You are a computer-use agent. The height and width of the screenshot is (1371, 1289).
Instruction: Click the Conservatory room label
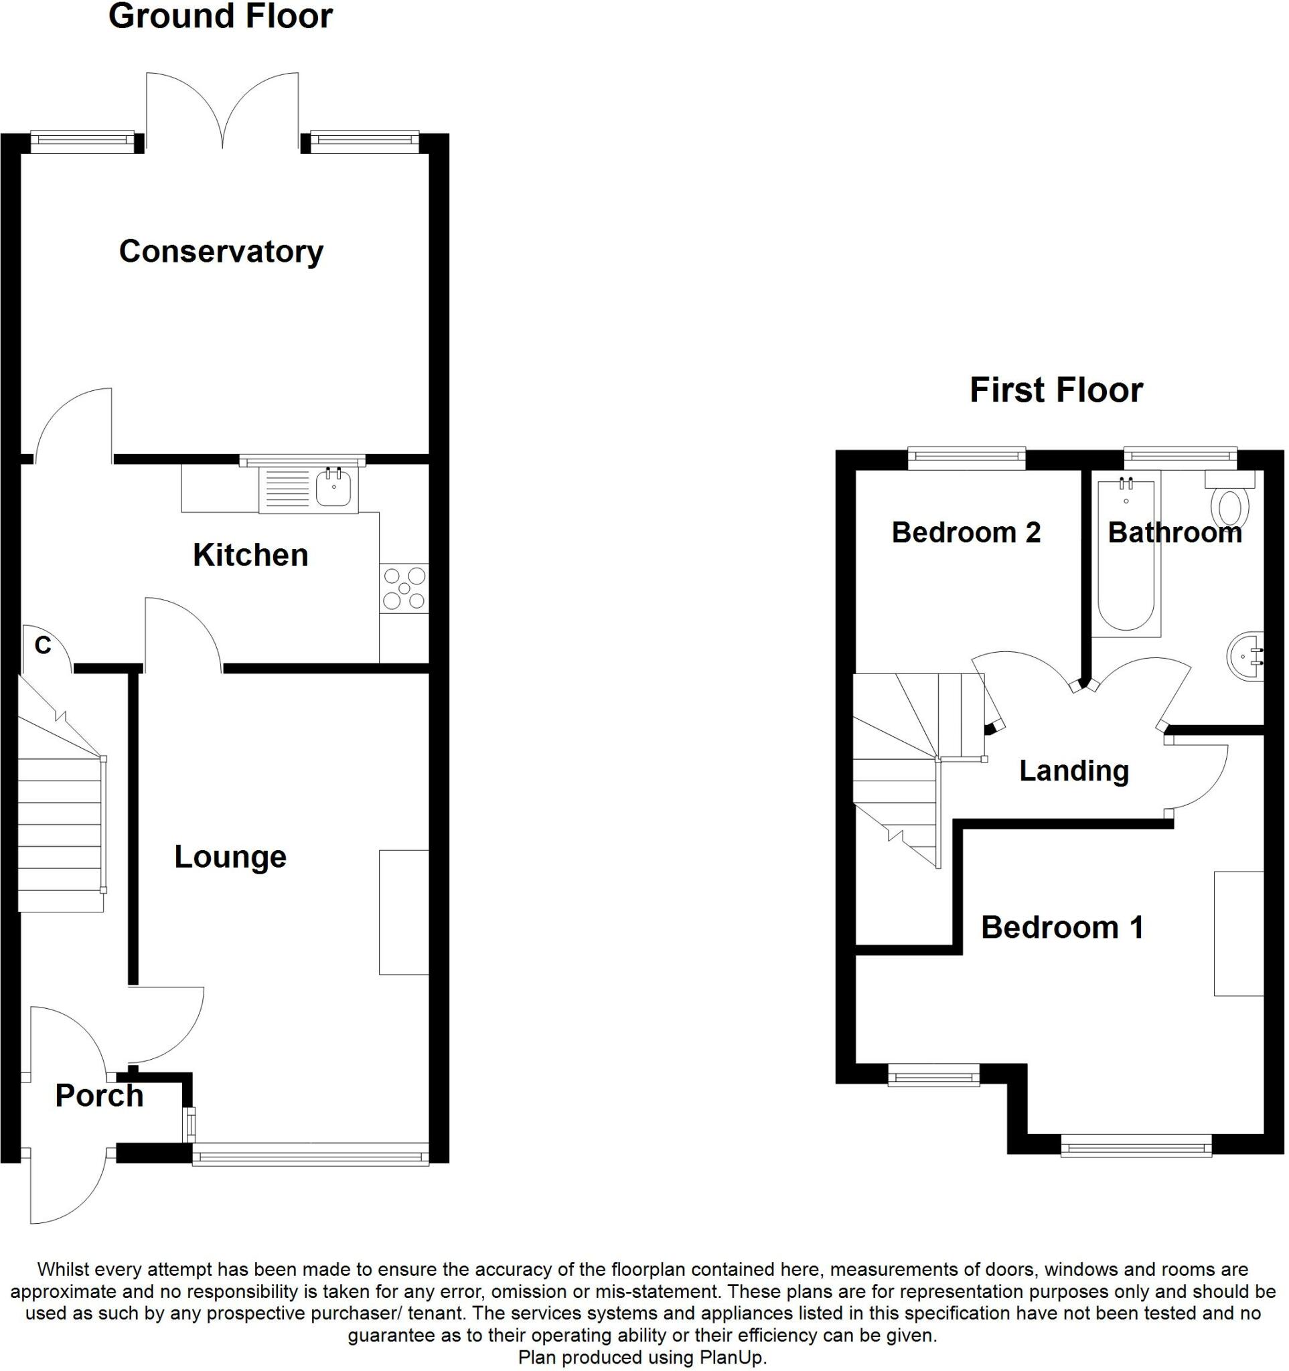221,252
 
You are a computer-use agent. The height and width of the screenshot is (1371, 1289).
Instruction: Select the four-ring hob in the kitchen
404,588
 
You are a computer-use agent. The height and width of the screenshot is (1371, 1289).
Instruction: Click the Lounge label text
230,858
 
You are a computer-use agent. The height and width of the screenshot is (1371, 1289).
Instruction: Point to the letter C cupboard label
43,646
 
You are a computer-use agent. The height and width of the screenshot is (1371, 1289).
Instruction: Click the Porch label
99,1096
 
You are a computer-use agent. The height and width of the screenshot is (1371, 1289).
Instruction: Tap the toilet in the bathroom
1231,507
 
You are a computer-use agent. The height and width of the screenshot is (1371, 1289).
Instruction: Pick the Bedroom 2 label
966,533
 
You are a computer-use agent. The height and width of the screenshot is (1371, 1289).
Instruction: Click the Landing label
1074,771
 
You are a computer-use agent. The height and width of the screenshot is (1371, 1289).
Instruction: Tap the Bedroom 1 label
1062,928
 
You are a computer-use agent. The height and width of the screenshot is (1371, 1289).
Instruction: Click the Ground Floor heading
221,17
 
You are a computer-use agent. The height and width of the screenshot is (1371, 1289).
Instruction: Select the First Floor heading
1056,390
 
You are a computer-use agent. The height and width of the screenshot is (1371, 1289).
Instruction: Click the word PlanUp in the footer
732,1358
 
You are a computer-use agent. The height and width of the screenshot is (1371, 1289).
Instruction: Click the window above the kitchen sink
302,460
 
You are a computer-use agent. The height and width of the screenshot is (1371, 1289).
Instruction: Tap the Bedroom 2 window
966,459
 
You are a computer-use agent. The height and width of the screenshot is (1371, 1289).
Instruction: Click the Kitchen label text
250,555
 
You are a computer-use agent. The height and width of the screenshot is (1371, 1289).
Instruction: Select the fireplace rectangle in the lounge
404,912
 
